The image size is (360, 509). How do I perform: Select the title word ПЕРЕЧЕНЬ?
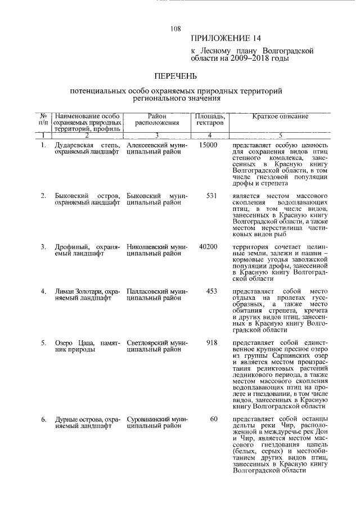(x=176, y=75)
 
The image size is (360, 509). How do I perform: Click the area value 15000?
(x=208, y=145)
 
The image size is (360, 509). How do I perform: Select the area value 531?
(x=211, y=195)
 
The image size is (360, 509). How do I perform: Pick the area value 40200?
(x=208, y=246)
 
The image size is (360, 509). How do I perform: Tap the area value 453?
(x=211, y=291)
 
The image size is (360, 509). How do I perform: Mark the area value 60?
(x=214, y=419)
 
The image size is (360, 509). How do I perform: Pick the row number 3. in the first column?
(x=43, y=246)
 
